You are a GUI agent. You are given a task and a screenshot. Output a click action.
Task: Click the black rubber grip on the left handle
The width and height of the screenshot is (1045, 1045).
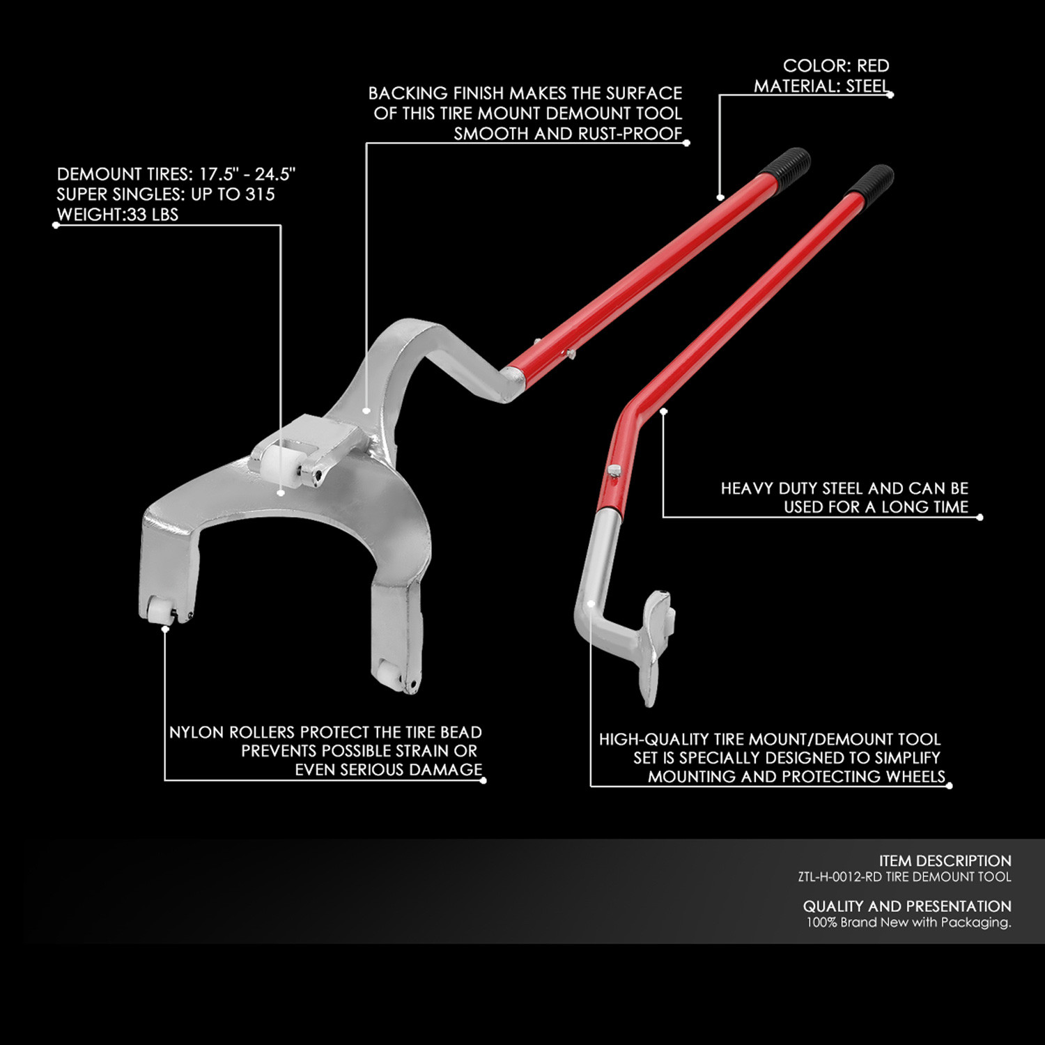coord(784,167)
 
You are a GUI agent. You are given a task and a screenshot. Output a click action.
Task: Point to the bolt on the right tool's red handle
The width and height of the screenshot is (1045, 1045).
coord(613,472)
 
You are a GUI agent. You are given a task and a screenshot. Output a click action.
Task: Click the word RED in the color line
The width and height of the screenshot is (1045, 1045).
coord(873,65)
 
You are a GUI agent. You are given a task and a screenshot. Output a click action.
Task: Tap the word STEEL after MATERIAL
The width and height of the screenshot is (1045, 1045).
coord(867,86)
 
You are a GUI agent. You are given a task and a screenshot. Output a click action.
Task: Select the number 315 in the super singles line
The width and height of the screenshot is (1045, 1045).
coord(260,194)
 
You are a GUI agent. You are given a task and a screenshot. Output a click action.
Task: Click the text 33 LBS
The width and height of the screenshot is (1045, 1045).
coord(153,215)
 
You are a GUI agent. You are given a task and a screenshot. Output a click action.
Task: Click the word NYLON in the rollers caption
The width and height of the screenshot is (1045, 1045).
coord(196,732)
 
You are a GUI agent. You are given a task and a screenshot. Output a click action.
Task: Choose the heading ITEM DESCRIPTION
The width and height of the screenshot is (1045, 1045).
coord(945,861)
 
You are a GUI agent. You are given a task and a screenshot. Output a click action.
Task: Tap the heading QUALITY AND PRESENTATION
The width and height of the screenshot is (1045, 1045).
coord(907,906)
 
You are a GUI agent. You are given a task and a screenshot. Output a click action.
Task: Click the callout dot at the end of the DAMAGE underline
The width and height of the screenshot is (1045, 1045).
coord(483,780)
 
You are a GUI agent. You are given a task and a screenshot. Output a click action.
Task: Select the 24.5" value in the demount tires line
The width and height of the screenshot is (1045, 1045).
coord(275,173)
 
